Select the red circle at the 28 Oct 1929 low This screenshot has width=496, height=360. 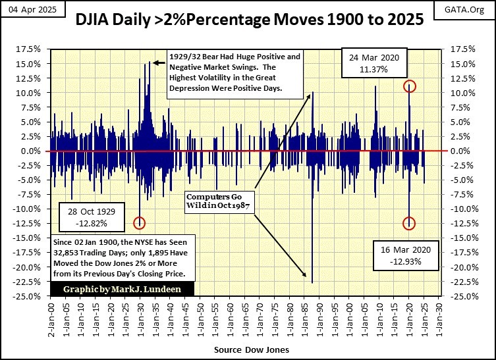pyautogui.click(x=139, y=223)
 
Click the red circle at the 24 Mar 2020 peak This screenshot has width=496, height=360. pyautogui.click(x=410, y=86)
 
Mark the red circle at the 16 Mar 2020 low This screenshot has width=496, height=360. pyautogui.click(x=410, y=224)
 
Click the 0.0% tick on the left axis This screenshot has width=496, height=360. pyautogui.click(x=32, y=151)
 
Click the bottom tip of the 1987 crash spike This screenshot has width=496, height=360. pyautogui.click(x=312, y=282)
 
